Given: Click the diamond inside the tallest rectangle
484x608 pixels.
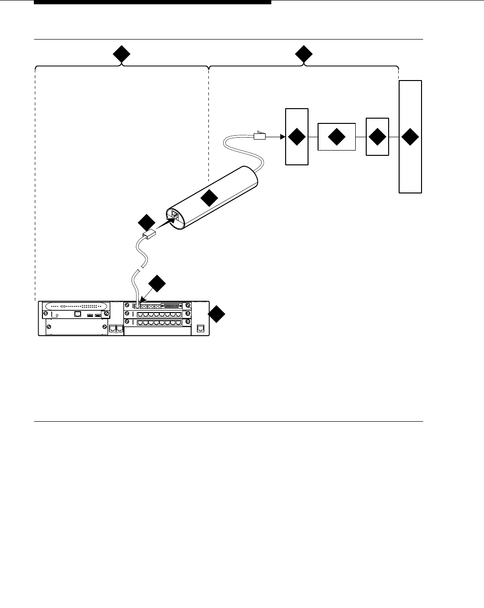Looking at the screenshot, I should pos(410,137).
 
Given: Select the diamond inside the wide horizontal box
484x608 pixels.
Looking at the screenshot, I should pos(337,137).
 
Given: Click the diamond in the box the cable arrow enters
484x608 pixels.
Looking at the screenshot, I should pos(297,137).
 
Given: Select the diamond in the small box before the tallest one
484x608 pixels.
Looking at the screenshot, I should pos(377,137).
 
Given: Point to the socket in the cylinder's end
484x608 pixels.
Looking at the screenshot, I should pos(175,217).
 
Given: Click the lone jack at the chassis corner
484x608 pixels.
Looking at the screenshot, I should pos(201,328).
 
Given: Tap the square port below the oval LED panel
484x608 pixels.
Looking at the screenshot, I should pos(77,314).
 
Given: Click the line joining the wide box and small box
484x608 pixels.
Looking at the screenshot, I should pos(360,137).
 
